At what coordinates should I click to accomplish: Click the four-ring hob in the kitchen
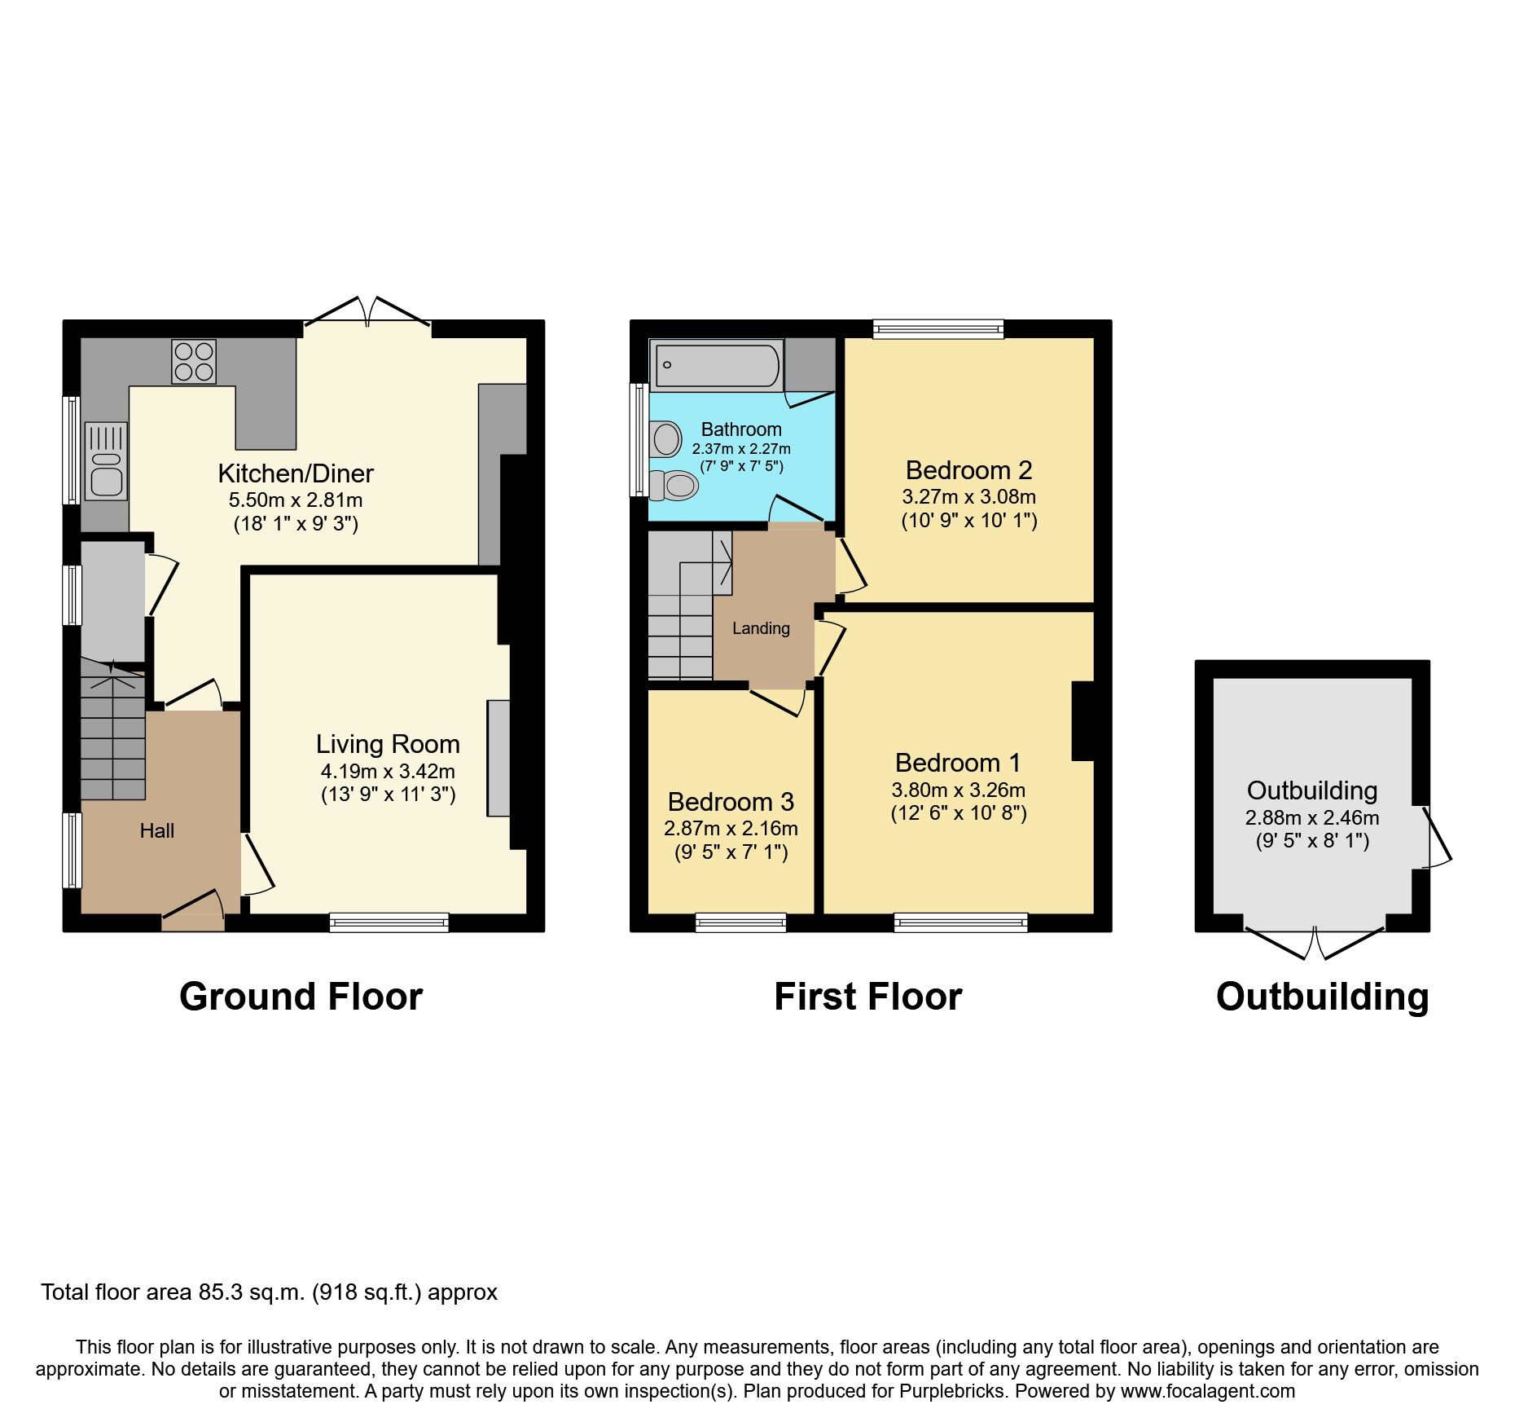(x=194, y=362)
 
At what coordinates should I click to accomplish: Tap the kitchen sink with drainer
(x=106, y=461)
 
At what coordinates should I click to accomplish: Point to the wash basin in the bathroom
(x=667, y=439)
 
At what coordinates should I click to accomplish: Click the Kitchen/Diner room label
(x=296, y=473)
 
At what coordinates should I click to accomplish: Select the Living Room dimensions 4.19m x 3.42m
(x=388, y=771)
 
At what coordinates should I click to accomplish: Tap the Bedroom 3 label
(x=731, y=802)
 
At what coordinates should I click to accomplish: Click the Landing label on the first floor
(x=761, y=628)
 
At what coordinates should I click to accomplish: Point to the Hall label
(x=157, y=831)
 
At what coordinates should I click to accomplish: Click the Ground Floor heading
(x=301, y=997)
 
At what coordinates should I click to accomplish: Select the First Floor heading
(x=867, y=997)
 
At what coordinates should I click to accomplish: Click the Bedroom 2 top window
(x=938, y=329)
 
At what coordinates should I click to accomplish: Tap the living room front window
(x=389, y=922)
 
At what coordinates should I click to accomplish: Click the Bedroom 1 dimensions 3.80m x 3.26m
(x=959, y=790)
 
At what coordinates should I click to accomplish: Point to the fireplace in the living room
(x=498, y=758)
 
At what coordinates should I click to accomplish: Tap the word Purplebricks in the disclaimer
(x=952, y=1391)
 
